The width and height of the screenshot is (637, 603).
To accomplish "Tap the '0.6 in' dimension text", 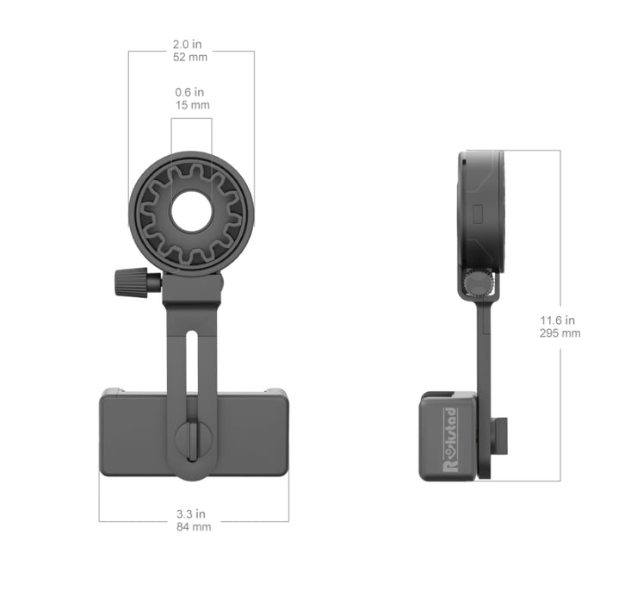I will pos(191,92).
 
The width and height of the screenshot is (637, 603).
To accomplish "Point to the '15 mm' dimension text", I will pos(191,104).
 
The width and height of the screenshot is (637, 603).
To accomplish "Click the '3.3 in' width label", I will pos(193,514).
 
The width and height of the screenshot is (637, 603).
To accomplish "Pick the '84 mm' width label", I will pos(193,526).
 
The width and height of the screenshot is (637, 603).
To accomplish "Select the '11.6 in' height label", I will pos(559,320).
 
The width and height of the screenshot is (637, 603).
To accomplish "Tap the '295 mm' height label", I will pos(559,333).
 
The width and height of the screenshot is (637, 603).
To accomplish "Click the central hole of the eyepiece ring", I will pos(191,212).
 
